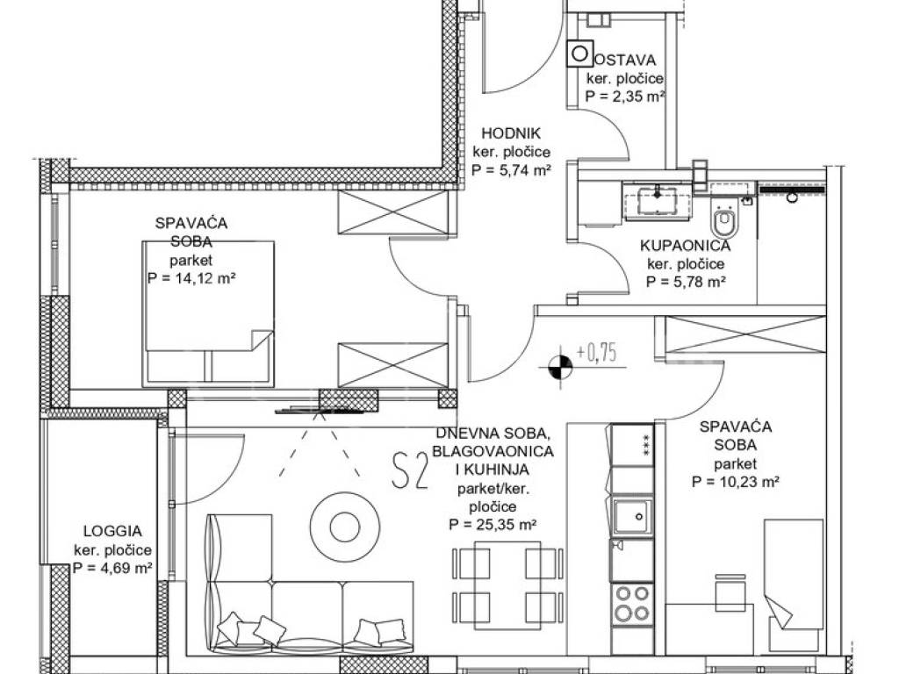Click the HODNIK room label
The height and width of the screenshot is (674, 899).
[511, 133]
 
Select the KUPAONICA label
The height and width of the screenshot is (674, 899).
[685, 246]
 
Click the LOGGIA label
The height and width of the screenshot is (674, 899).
[112, 531]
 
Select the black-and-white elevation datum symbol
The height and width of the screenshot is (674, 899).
[560, 368]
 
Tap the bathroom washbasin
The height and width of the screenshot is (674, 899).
[658, 202]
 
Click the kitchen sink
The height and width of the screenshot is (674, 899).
[633, 517]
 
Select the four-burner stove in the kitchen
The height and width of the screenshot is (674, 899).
[633, 604]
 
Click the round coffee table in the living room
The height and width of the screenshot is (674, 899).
[344, 527]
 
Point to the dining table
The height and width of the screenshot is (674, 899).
[507, 585]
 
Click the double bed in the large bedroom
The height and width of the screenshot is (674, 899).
[207, 312]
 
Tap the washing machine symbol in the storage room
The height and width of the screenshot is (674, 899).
[580, 54]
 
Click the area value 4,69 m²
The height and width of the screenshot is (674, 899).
[112, 569]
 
